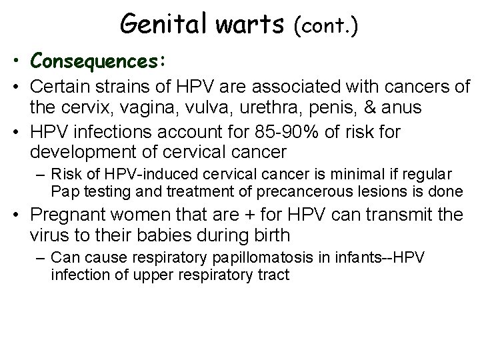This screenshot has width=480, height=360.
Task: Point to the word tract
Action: click(x=277, y=273)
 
